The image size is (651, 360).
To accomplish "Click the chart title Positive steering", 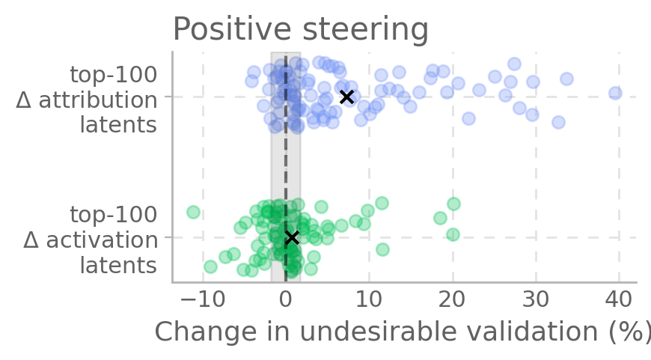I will (300, 30).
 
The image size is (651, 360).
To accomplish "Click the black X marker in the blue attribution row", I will (346, 97).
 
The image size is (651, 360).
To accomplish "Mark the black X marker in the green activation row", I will (292, 237).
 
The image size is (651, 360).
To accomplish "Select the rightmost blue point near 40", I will (615, 93).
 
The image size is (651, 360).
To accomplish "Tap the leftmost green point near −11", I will (193, 212).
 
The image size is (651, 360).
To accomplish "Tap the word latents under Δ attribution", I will (118, 124).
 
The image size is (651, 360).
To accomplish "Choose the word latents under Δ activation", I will (118, 265).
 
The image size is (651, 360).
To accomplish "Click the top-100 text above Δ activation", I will (113, 215).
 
